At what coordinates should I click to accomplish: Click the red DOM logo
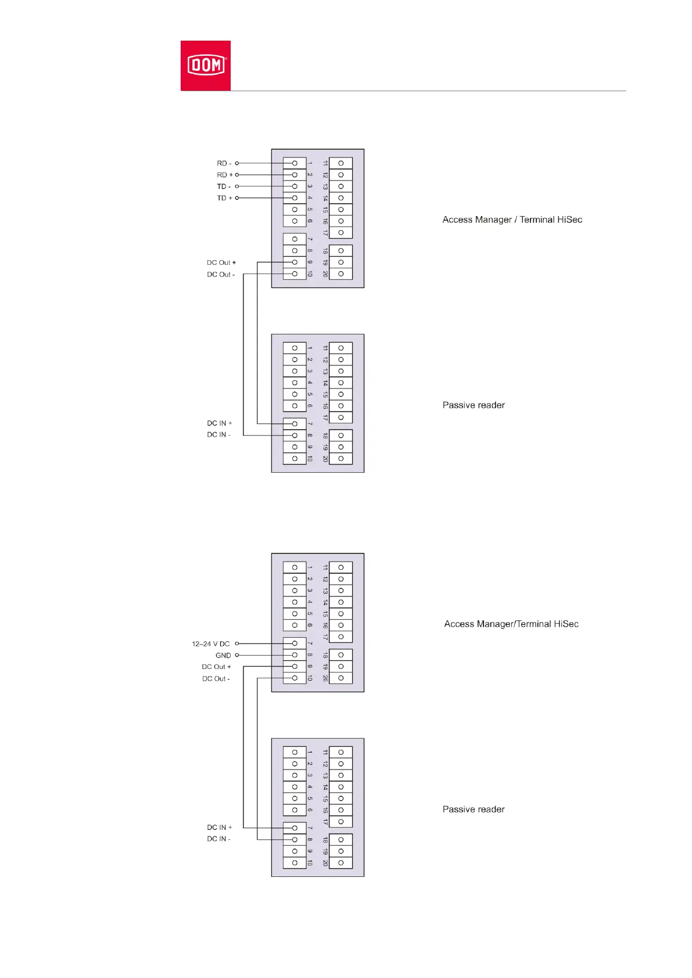point(205,65)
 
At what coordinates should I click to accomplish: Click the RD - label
point(224,163)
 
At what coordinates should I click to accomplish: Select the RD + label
point(224,175)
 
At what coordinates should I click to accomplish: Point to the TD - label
point(224,186)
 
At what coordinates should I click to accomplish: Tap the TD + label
point(224,198)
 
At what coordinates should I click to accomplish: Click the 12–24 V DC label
point(210,643)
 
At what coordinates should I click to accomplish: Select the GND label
point(223,655)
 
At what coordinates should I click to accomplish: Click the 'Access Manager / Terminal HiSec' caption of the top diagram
point(512,220)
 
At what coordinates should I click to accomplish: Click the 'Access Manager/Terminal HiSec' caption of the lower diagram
point(511,624)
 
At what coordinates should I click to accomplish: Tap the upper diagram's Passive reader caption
point(474,405)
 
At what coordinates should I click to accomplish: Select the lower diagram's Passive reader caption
point(474,809)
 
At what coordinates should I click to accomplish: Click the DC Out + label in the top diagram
point(221,263)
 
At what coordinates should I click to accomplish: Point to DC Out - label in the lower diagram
point(216,678)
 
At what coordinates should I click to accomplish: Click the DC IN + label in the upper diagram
point(219,423)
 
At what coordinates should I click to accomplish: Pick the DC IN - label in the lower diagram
point(218,839)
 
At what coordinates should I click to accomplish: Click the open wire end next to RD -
point(237,163)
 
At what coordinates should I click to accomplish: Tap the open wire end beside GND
point(237,655)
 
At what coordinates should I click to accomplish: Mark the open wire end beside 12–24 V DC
point(237,643)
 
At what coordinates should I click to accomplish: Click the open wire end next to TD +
point(237,198)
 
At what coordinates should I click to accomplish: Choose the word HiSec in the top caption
point(569,220)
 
